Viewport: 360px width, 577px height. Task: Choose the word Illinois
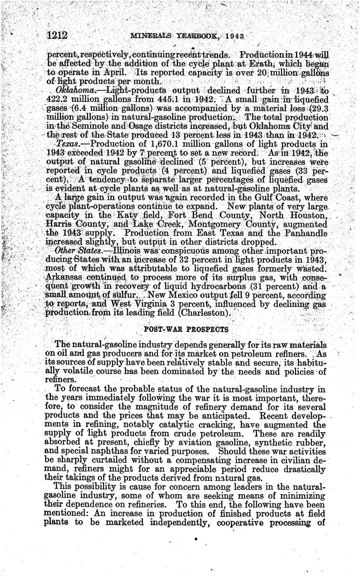(x=124, y=251)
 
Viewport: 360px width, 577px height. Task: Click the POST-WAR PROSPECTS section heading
(x=186, y=329)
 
